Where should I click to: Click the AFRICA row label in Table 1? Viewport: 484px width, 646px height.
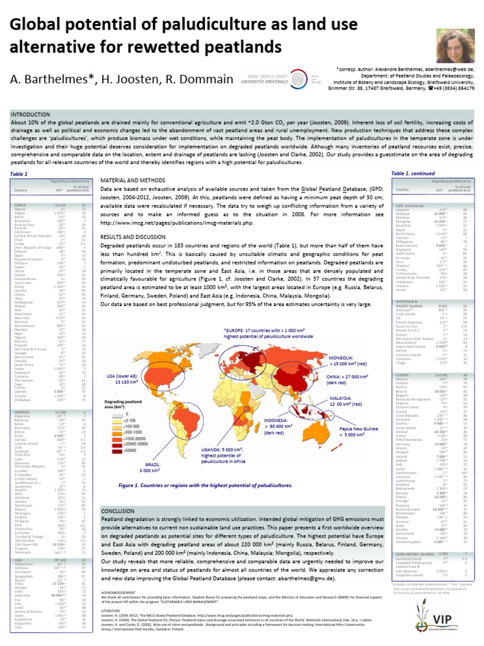pos(20,206)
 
